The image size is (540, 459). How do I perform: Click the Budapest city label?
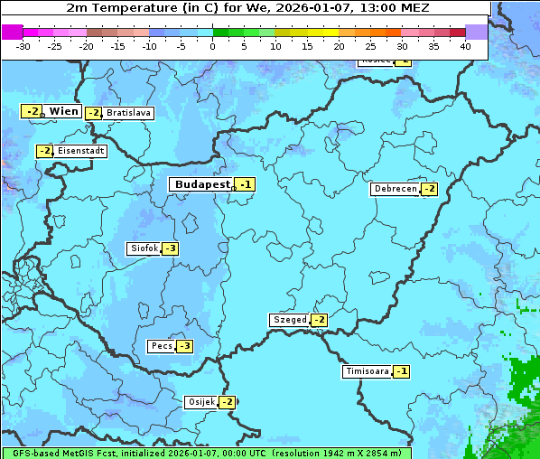point(201,183)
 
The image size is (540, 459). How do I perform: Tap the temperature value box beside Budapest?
point(245,184)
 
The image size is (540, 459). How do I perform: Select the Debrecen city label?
point(395,189)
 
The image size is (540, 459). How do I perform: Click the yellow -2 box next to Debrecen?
point(429,189)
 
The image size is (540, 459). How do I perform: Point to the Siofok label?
point(144,248)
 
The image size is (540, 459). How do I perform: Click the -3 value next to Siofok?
point(170,248)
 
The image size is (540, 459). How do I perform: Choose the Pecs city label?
point(162,346)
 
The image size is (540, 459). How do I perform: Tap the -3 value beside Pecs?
point(184,346)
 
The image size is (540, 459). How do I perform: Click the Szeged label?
point(289,320)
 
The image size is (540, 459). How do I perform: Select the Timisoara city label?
point(367,371)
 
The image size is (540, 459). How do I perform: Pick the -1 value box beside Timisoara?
point(401,371)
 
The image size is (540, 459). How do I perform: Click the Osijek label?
point(200,402)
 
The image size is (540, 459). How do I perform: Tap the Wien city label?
point(63,111)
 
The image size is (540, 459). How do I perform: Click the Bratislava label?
point(128,113)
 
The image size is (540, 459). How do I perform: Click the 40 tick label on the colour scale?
point(465,45)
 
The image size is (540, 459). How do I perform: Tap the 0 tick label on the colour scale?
point(213,45)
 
